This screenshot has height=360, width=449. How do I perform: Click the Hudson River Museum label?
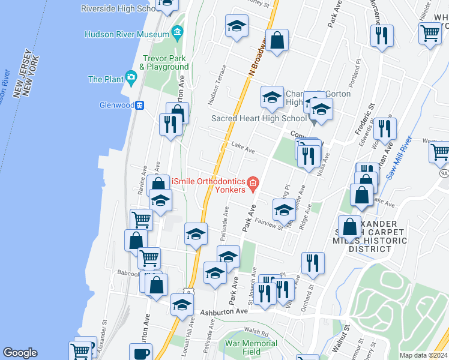(127, 35)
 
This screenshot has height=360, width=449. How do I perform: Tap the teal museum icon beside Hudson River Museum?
(176, 31)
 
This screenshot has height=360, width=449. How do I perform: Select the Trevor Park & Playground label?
(164, 62)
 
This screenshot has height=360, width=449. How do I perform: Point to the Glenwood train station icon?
(139, 105)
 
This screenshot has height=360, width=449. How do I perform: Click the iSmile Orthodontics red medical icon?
(253, 182)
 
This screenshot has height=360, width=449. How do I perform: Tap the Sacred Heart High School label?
(259, 118)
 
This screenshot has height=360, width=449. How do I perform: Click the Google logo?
(20, 353)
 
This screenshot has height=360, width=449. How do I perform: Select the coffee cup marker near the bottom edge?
(141, 353)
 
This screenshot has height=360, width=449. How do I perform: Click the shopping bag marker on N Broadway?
(277, 41)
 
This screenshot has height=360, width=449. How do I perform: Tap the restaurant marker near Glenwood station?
(171, 124)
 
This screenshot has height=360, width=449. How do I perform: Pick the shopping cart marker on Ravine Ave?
(142, 220)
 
